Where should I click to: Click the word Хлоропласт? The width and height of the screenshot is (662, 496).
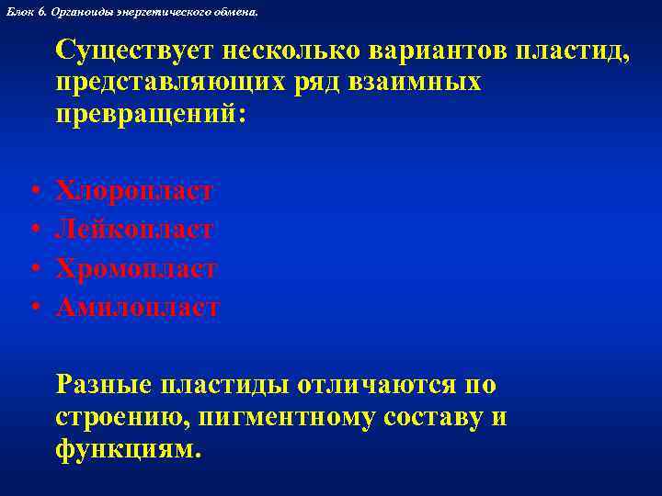click(x=135, y=190)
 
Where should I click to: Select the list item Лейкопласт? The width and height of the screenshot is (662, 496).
click(x=135, y=229)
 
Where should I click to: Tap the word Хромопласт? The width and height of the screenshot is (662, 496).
click(x=136, y=268)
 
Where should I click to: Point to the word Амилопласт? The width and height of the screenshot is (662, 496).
click(x=138, y=307)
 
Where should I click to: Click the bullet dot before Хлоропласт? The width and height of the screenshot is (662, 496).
click(x=33, y=192)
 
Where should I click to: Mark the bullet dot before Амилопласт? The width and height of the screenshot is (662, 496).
click(x=33, y=309)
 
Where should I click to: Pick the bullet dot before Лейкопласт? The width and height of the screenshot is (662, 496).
click(x=33, y=231)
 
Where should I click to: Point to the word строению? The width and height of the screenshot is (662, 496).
click(x=115, y=417)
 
